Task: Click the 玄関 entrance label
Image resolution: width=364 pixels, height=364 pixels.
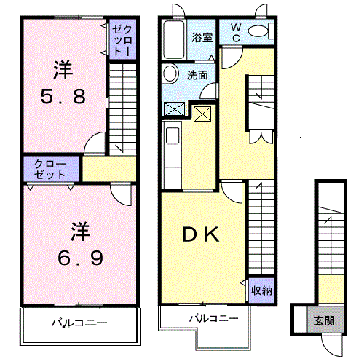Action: (325, 321)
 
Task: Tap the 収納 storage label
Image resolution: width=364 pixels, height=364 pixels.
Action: (261, 290)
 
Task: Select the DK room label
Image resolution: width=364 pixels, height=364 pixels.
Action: (201, 234)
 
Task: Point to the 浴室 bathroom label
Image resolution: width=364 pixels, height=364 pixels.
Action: (202, 38)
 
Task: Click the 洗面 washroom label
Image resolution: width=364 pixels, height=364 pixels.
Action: (197, 75)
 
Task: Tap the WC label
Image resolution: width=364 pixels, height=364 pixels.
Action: (235, 33)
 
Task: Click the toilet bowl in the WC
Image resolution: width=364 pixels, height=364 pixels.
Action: (258, 31)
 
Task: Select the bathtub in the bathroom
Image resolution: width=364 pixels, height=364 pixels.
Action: (173, 40)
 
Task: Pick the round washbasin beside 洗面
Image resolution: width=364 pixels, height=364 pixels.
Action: (171, 73)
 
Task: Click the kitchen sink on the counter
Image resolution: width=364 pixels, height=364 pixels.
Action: (173, 135)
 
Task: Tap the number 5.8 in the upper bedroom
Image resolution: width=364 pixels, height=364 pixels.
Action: (63, 96)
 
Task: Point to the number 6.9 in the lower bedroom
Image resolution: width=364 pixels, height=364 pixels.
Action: (80, 258)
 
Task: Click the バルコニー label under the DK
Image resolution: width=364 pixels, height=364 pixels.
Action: (214, 318)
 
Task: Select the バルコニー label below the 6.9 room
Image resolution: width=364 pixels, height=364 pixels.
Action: (79, 323)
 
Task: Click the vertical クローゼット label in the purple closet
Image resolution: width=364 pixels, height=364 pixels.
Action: (122, 39)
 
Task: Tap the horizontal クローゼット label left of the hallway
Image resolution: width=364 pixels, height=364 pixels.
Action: (50, 169)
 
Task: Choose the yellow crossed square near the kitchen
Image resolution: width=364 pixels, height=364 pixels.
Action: (202, 114)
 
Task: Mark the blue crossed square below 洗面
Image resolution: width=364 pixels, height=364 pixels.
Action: (175, 108)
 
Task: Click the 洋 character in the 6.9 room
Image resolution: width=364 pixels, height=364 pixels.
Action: (81, 232)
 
